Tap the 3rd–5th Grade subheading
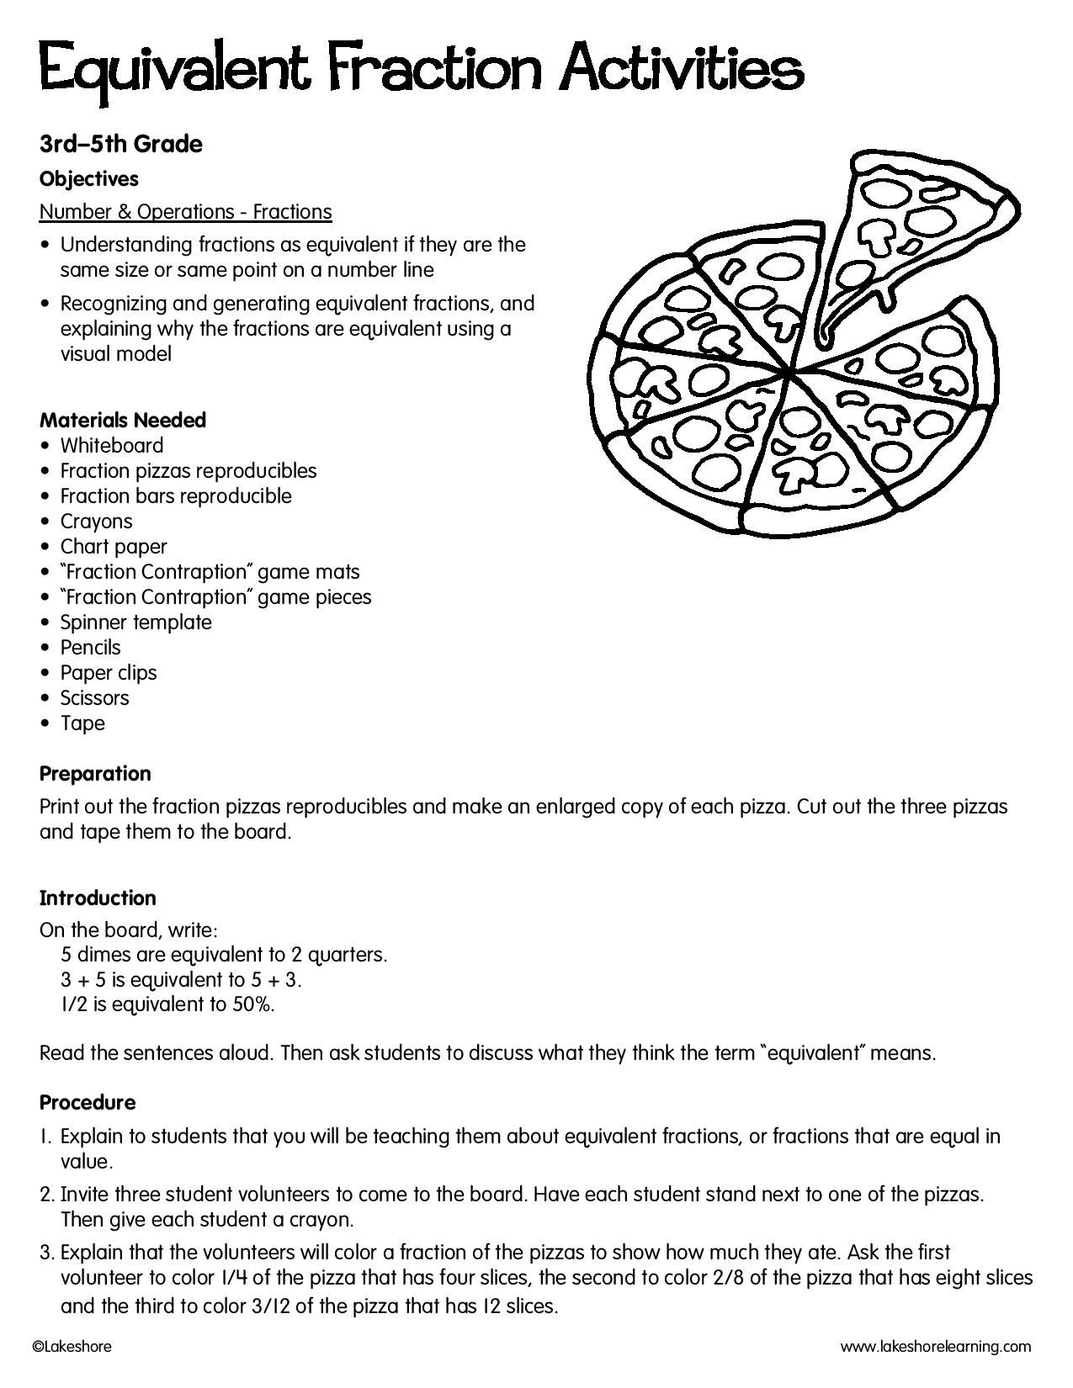[x=121, y=144]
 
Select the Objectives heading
[x=89, y=178]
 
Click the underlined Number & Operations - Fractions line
[x=186, y=211]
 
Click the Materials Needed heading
[x=123, y=420]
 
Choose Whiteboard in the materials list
[x=112, y=445]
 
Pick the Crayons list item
[x=97, y=521]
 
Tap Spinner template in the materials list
[x=135, y=622]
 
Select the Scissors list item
[x=95, y=697]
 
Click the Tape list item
[x=82, y=723]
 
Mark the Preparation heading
[x=95, y=773]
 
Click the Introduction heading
[x=98, y=898]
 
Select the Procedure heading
[x=88, y=1102]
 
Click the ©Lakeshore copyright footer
[x=72, y=1347]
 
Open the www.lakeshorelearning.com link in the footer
[x=936, y=1347]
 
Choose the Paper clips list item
[x=109, y=672]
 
